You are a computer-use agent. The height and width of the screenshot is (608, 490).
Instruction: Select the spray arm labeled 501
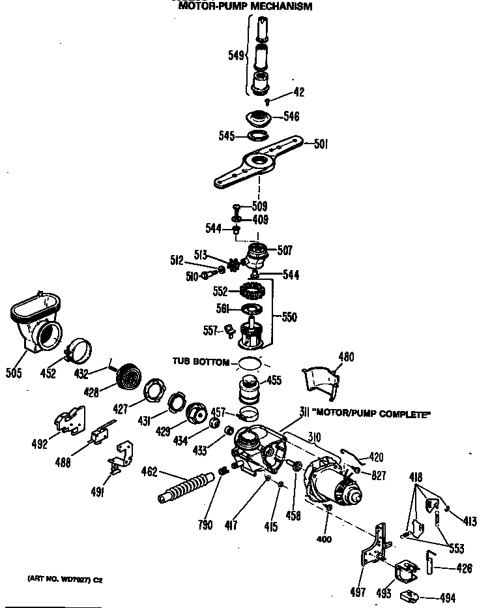261,163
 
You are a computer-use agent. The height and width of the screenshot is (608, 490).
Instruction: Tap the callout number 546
291,117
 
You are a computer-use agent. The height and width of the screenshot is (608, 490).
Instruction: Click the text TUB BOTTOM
201,361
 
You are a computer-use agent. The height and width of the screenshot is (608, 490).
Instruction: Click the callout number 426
463,568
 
